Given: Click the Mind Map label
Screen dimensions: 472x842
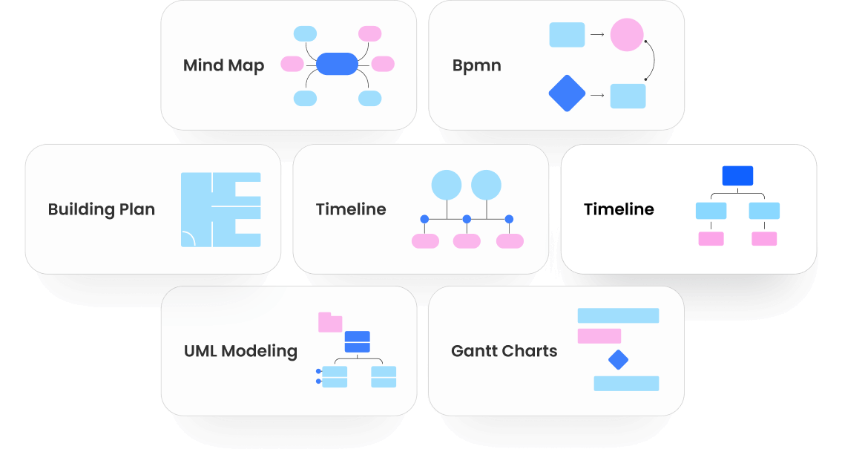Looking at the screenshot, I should click(x=223, y=65).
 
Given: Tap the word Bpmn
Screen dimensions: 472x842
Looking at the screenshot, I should click(x=476, y=65).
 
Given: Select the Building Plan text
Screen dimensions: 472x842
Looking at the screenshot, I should click(x=101, y=209).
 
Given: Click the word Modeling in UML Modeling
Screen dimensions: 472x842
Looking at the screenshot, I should click(x=260, y=351).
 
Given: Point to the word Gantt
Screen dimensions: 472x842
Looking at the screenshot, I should click(x=475, y=351).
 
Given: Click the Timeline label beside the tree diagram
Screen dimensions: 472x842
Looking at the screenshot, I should click(x=619, y=209).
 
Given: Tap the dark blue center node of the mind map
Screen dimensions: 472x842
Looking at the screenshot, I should click(x=338, y=64).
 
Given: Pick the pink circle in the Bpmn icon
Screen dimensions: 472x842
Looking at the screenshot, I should click(x=626, y=35).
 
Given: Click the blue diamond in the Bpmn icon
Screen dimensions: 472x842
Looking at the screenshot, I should click(x=567, y=94).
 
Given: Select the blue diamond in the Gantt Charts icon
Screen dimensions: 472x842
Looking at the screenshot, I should click(x=618, y=361).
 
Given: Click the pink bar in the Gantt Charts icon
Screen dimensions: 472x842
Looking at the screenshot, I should click(x=599, y=336).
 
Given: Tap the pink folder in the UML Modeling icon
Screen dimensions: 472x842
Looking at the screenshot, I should click(x=329, y=322).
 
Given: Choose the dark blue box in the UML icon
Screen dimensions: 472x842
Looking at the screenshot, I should click(x=357, y=341).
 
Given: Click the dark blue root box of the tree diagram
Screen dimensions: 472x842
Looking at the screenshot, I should click(x=737, y=176).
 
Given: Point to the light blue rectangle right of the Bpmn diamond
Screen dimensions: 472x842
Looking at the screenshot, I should click(x=628, y=96).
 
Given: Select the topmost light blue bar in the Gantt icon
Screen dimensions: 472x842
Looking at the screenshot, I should click(x=618, y=315).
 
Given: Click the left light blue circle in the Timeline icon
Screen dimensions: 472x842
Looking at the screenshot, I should click(x=447, y=185).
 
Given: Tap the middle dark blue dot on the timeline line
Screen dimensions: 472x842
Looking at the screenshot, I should click(x=467, y=219).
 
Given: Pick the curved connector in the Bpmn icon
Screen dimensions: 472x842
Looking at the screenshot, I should click(x=653, y=59).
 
